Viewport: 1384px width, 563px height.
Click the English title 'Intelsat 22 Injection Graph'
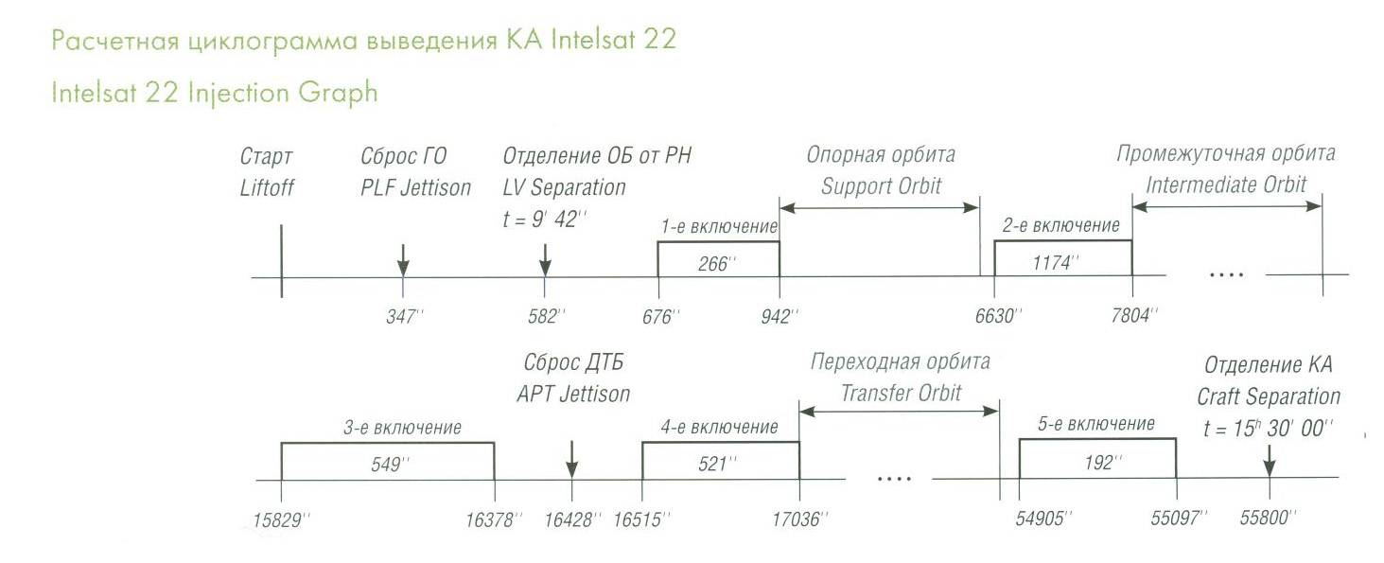[x=214, y=94]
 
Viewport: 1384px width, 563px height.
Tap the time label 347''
[x=405, y=316]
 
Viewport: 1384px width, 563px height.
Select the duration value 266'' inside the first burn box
[x=717, y=264]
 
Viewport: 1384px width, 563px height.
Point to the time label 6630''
[x=998, y=316]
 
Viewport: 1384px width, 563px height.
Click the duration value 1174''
[x=1056, y=263]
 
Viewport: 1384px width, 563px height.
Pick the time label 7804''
[x=1134, y=316]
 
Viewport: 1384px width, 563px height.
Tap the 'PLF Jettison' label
[x=416, y=187]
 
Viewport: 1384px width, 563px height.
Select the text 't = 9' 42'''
[x=544, y=220]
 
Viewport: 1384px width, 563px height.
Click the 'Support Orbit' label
[x=881, y=186]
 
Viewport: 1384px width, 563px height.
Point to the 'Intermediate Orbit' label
[x=1226, y=185]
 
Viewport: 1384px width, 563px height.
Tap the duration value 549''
[x=390, y=464]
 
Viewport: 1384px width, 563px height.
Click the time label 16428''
[x=572, y=519]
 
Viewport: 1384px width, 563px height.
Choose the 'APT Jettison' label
[x=573, y=394]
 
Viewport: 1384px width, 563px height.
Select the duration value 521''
[x=717, y=464]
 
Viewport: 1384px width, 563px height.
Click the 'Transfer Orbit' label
[x=902, y=393]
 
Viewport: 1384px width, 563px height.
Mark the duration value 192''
[x=1103, y=463]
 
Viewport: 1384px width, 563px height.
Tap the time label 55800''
[x=1268, y=518]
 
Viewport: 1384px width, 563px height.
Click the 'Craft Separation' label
[x=1270, y=396]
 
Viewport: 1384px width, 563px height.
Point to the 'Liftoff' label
[x=267, y=188]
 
